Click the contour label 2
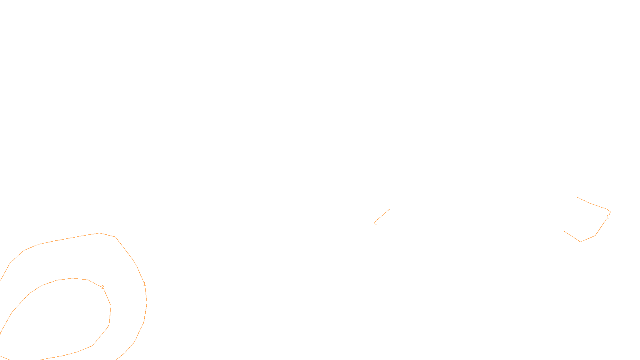coord(102,287)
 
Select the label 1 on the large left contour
coord(144,284)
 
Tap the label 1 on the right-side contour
coord(607,217)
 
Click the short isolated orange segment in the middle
coord(382,215)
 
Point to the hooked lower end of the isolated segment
coord(375,223)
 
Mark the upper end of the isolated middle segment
coord(390,209)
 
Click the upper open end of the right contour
coord(578,197)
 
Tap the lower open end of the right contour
coord(563,230)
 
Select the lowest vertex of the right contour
coord(580,242)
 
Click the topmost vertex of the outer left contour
coord(99,233)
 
